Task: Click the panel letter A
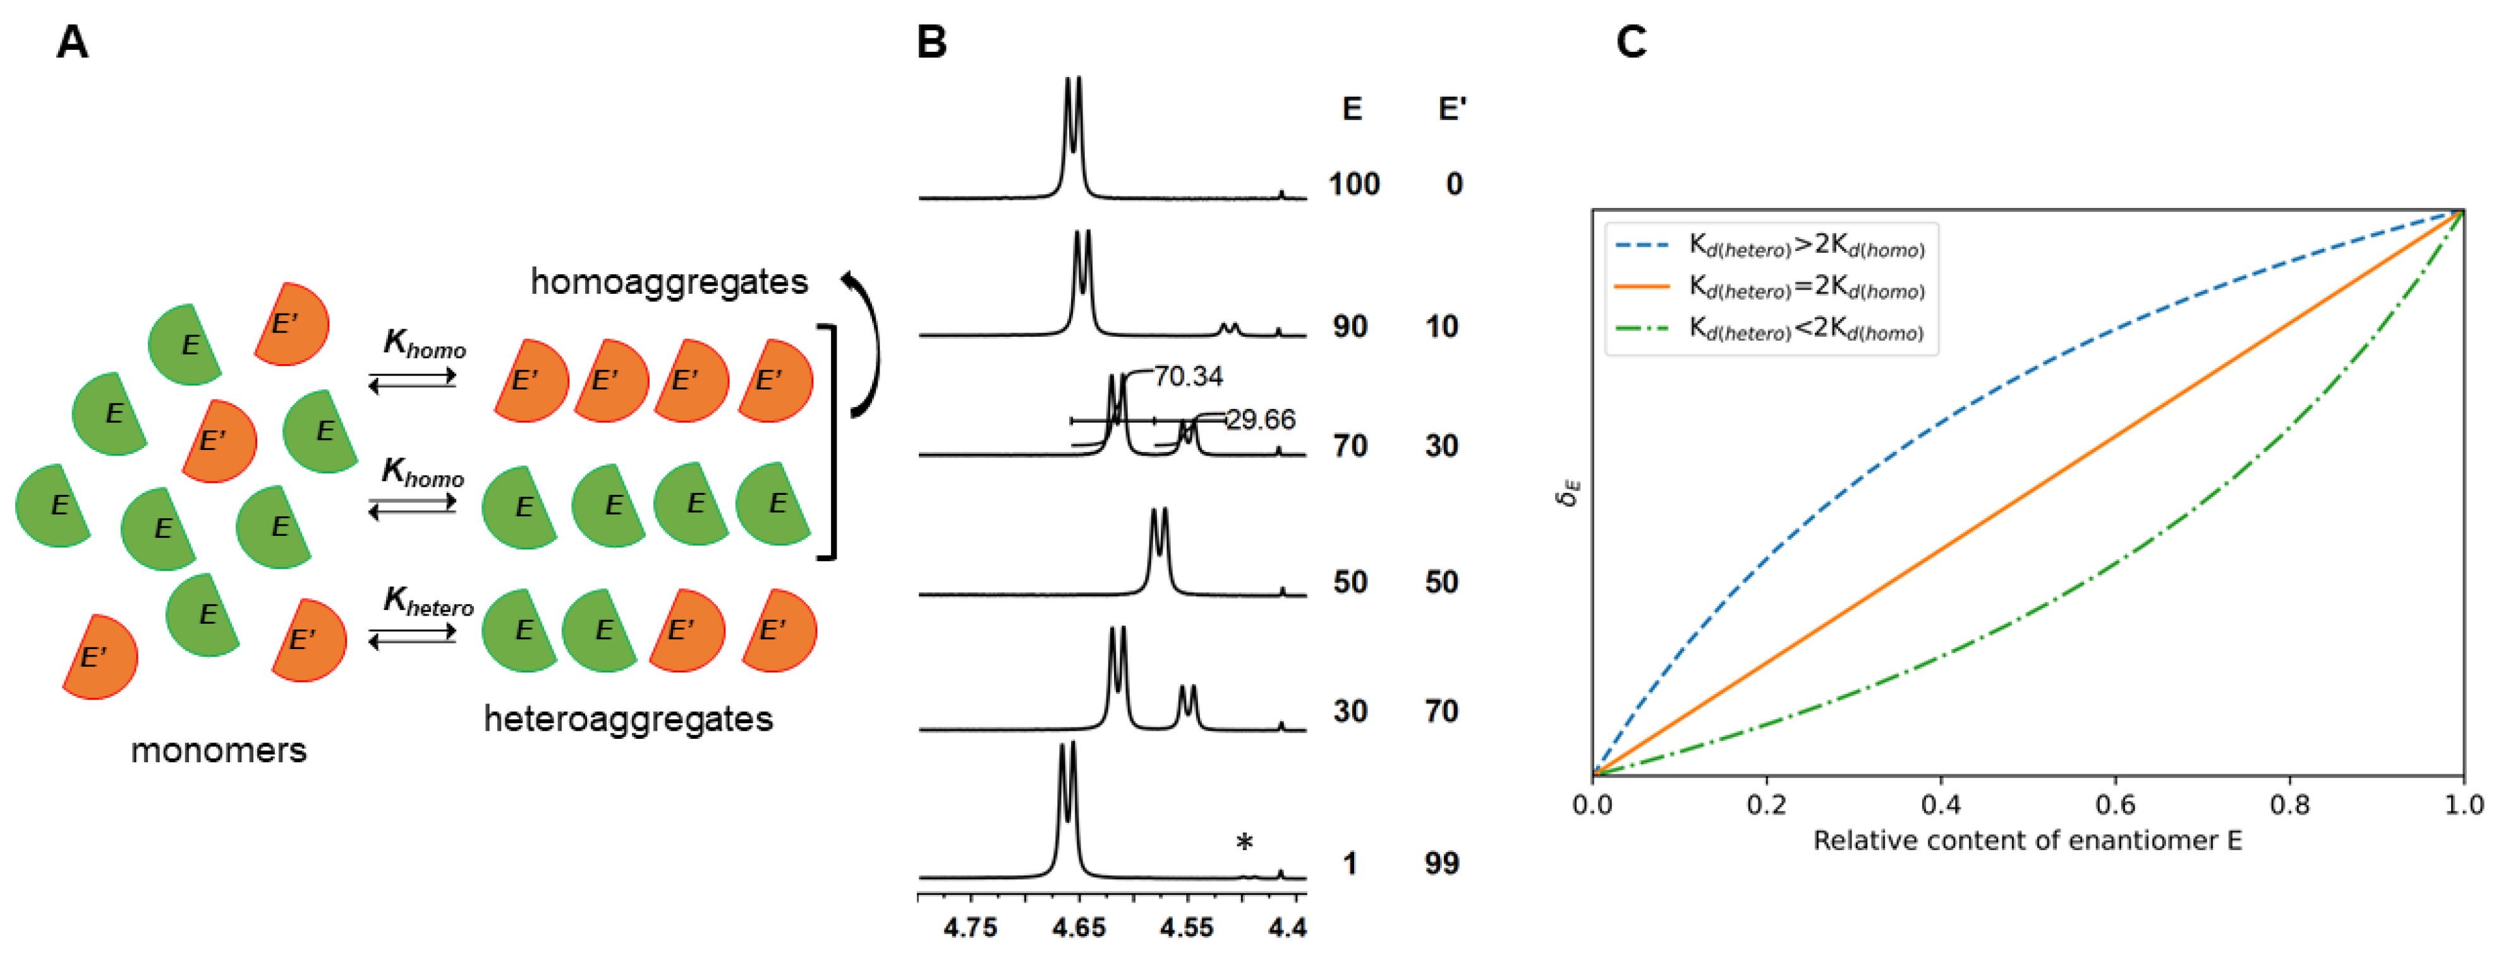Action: [72, 43]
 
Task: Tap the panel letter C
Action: [1631, 43]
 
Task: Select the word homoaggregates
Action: [669, 282]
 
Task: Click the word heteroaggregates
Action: [628, 719]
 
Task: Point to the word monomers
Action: [219, 750]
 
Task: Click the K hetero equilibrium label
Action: [427, 602]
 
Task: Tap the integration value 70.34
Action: [1187, 375]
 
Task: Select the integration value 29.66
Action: [1261, 420]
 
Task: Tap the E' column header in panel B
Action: [1451, 108]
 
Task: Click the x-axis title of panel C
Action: [2027, 841]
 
